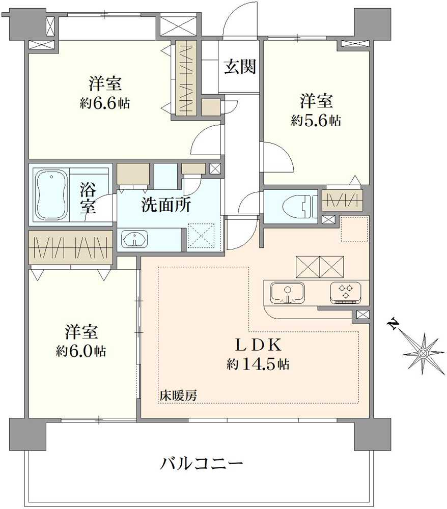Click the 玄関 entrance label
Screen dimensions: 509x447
pyautogui.click(x=240, y=67)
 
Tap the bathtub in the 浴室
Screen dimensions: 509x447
pyautogui.click(x=51, y=194)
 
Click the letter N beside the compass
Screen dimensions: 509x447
pyautogui.click(x=393, y=324)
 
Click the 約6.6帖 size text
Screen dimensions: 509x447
pyautogui.click(x=104, y=103)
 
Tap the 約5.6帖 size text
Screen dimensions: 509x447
pyautogui.click(x=316, y=120)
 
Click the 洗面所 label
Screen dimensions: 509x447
pyautogui.click(x=166, y=205)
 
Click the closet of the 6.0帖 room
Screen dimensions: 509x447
pyautogui.click(x=70, y=247)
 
